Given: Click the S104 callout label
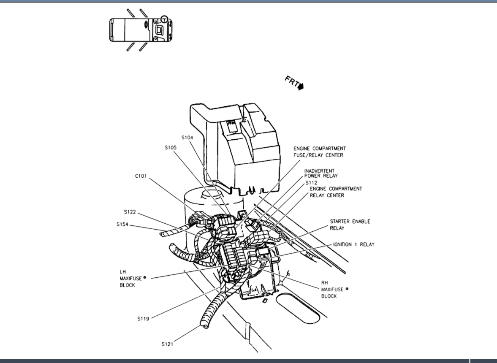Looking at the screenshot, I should pos(187,138).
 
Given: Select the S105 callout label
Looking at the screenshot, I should pos(171,148).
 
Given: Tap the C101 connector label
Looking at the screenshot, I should pos(141,176).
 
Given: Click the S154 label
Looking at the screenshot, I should pos(122,225).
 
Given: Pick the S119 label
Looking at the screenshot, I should pos(143,319).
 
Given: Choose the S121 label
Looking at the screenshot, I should pos(167,344).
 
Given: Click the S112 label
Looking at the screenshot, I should pos(312,182).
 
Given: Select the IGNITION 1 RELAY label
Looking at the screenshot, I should pos(353,244).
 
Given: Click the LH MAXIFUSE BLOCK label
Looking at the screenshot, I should pos(127,278).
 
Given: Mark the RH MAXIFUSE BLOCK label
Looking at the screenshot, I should pos(329,289).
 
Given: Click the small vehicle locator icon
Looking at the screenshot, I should pos(141,30).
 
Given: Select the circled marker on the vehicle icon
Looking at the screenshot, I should pos(164,19).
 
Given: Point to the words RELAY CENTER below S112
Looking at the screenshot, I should pos(327,195).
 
